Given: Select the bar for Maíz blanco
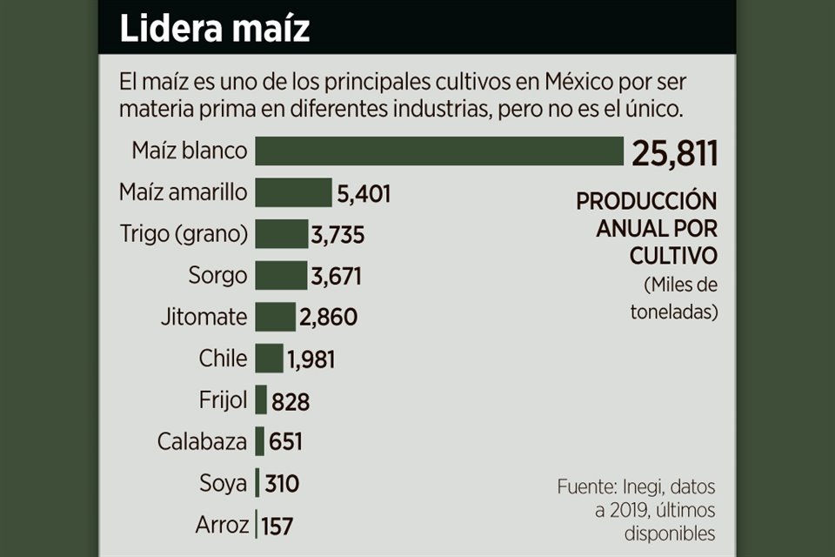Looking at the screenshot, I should pos(439,151).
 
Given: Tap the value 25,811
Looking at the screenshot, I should pos(675,153).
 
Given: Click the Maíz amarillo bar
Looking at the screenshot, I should pos(294,192).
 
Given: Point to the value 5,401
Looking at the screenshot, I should pos(364,194).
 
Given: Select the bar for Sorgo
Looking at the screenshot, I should pos(281,275).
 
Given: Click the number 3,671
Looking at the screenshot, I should pos(336,277).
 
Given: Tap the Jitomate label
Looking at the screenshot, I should pos(204,317).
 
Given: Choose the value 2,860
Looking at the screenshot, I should pos(328,317).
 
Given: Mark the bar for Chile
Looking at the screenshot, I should pos(270,358).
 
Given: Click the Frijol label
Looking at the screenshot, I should pos(223,399).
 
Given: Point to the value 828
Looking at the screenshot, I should pos(291,402).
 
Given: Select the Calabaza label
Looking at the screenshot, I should pos(202,441).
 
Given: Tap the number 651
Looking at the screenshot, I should pos(286,442).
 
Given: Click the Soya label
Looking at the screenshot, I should pos(224,483).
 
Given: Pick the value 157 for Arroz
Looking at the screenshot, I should pos(277,526).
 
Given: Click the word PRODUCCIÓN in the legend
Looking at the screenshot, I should pos(646,202).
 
